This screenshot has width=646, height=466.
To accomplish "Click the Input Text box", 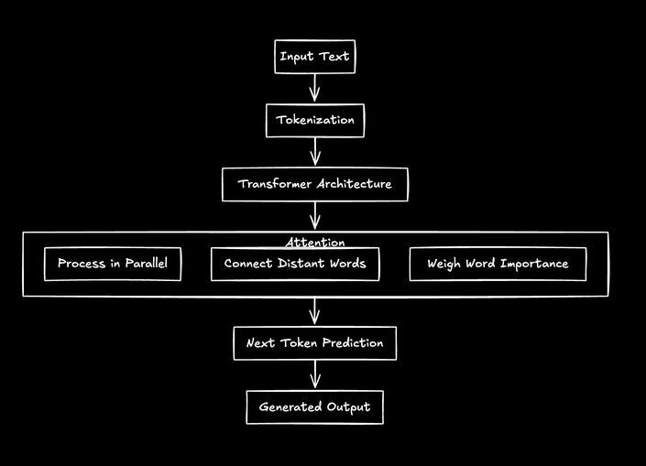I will (x=314, y=57).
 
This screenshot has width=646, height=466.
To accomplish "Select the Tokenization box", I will (x=314, y=120).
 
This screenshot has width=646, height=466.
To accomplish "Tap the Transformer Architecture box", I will (x=314, y=184).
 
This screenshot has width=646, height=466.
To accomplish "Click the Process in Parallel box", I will (x=112, y=264).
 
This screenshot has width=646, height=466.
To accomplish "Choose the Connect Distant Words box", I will (x=294, y=264).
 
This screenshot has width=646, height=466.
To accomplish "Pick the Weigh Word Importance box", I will (x=497, y=264).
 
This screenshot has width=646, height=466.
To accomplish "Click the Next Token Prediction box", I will (x=314, y=343).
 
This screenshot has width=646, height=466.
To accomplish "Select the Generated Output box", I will (x=314, y=406).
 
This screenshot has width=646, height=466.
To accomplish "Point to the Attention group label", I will (x=314, y=243).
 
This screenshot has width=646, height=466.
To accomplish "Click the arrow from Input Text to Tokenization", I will (x=314, y=88).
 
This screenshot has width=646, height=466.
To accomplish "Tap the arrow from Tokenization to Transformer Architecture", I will (x=314, y=152).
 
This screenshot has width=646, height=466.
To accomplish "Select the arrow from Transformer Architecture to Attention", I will (x=314, y=216).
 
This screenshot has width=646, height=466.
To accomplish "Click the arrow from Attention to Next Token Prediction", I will (x=314, y=311).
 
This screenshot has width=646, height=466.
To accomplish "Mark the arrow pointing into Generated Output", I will (x=314, y=375).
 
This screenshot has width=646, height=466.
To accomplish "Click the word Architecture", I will (x=353, y=184).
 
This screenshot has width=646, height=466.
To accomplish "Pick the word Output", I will (x=348, y=406).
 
